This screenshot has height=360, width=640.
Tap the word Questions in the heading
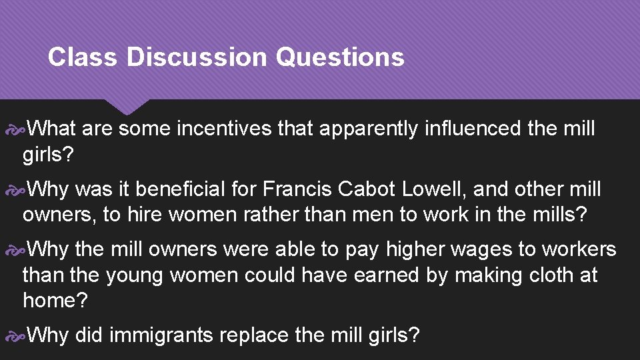[x=339, y=57]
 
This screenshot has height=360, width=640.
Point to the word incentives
[x=223, y=128]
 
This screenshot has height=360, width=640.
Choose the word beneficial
[x=175, y=189]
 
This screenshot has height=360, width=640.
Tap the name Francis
[x=297, y=189]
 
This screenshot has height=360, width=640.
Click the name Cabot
[x=367, y=189]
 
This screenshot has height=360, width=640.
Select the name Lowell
[x=435, y=189]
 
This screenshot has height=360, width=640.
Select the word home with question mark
[x=55, y=300]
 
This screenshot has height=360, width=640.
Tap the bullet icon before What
[x=16, y=128]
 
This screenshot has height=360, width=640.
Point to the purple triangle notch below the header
[x=127, y=105]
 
